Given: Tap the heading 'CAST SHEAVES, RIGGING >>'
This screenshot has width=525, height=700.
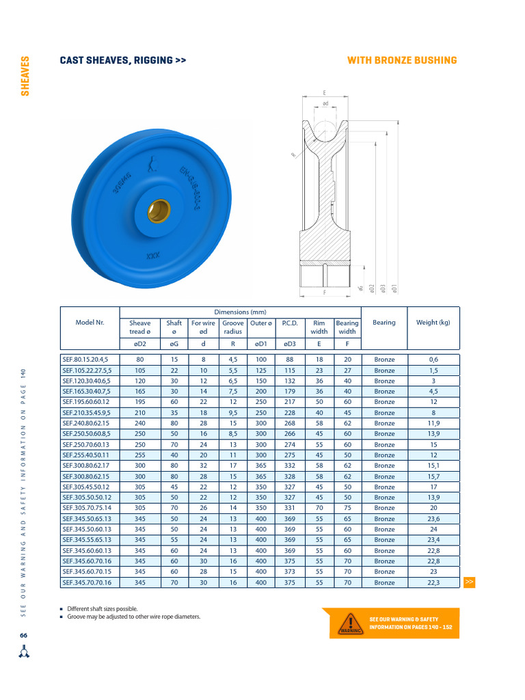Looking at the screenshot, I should pyautogui.click(x=123, y=61).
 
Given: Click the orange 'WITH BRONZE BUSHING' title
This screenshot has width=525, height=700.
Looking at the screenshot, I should pyautogui.click(x=402, y=61).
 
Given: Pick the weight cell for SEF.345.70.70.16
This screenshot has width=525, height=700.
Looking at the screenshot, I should pyautogui.click(x=433, y=582).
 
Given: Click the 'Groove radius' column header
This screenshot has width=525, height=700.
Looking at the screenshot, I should pyautogui.click(x=233, y=327).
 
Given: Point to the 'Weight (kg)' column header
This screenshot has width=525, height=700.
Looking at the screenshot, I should pyautogui.click(x=433, y=323).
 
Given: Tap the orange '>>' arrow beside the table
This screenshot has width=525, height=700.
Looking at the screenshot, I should pyautogui.click(x=469, y=582).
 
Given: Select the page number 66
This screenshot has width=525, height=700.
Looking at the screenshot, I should pyautogui.click(x=24, y=636).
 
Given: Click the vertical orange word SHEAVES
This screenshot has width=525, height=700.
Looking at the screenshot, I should pyautogui.click(x=25, y=77).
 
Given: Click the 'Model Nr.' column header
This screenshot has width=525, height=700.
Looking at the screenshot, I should pyautogui.click(x=90, y=323).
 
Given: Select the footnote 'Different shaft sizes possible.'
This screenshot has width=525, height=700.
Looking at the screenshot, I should pyautogui.click(x=103, y=608).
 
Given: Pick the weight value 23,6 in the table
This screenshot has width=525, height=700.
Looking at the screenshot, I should pyautogui.click(x=433, y=519).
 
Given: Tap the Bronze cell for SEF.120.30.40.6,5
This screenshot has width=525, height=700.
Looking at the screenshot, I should pyautogui.click(x=384, y=381).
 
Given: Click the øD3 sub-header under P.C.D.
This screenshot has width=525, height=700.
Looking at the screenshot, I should pyautogui.click(x=289, y=345).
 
